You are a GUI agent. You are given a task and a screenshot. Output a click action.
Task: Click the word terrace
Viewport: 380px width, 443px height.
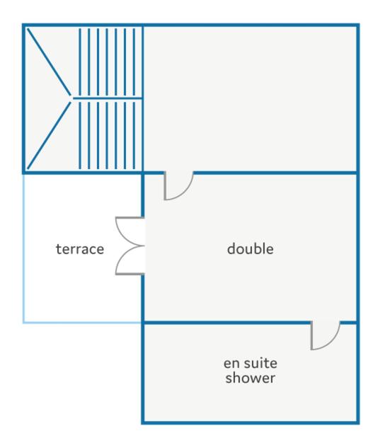(x=80, y=249)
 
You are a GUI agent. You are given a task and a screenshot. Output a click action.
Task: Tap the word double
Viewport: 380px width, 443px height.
(x=251, y=249)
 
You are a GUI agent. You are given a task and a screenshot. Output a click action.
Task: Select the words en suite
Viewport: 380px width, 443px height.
(x=251, y=363)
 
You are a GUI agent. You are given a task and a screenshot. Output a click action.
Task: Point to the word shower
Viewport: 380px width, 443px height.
(x=251, y=378)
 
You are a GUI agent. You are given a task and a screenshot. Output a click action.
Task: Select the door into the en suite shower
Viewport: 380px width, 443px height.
(x=325, y=335)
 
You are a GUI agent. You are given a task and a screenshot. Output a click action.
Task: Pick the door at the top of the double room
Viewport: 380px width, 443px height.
(x=178, y=185)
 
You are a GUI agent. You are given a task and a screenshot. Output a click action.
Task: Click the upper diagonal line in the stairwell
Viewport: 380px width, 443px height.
(x=49, y=62)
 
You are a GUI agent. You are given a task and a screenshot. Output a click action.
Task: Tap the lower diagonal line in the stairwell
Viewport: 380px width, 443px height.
(x=49, y=135)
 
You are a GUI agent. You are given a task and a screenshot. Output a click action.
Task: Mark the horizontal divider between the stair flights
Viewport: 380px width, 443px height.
(x=108, y=98)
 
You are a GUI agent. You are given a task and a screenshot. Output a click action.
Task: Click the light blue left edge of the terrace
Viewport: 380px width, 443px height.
(x=23, y=248)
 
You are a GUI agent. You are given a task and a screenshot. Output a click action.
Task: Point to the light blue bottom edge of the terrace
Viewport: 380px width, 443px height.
(x=82, y=322)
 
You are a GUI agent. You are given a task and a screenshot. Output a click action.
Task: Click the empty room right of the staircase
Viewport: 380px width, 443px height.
(x=250, y=98)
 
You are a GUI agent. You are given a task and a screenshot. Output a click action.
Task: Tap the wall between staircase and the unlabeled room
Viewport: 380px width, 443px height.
(x=142, y=98)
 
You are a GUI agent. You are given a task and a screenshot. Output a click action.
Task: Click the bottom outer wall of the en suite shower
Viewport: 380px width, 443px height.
(x=251, y=422)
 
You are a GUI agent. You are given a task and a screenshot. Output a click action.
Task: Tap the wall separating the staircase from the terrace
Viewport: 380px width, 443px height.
(x=82, y=173)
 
